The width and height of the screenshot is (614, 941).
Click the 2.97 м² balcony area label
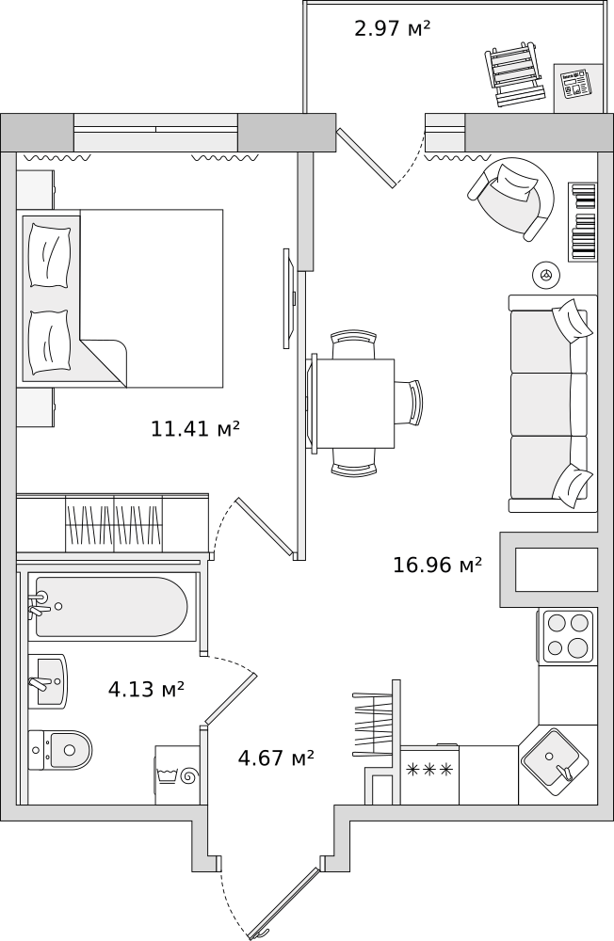pyautogui.click(x=392, y=29)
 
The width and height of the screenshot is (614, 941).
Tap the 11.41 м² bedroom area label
pyautogui.click(x=195, y=430)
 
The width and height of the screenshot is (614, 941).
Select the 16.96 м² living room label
pyautogui.click(x=437, y=566)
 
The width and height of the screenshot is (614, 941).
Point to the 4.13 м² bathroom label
pyautogui.click(x=146, y=690)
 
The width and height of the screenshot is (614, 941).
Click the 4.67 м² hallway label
pyautogui.click(x=276, y=758)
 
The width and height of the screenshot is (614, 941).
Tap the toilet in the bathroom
pyautogui.click(x=61, y=750)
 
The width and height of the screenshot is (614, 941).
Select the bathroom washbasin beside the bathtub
pyautogui.click(x=47, y=679)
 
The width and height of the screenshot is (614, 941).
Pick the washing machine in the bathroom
pyautogui.click(x=178, y=774)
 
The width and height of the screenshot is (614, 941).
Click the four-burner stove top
pyautogui.click(x=568, y=636)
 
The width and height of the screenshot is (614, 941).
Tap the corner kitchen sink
pyautogui.click(x=557, y=762)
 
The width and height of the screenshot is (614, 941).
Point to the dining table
pyautogui.click(x=354, y=403)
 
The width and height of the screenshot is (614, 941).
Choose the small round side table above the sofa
pyautogui.click(x=544, y=275)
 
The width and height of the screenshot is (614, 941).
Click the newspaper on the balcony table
pyautogui.click(x=574, y=86)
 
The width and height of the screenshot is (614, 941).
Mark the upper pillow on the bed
pyautogui.click(x=49, y=254)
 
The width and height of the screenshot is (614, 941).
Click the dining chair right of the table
pyautogui.click(x=410, y=403)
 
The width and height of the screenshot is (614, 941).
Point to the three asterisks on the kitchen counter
pyautogui.click(x=429, y=770)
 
